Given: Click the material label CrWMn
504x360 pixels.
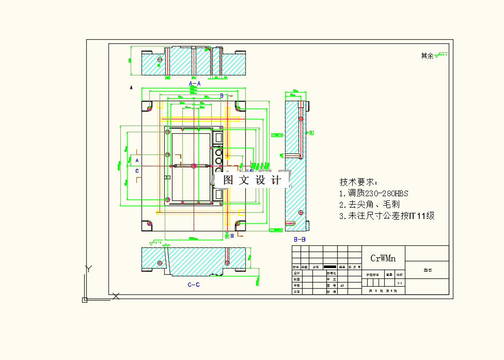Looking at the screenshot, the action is pyautogui.click(x=383, y=258).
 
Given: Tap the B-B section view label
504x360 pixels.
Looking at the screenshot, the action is pyautogui.click(x=300, y=240).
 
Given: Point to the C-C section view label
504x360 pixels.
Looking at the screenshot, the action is pyautogui.click(x=194, y=284).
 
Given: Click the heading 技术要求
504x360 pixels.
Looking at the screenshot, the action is pyautogui.click(x=358, y=182).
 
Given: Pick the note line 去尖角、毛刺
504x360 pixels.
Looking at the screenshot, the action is pyautogui.click(x=370, y=205).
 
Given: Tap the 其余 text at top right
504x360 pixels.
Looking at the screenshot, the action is pyautogui.click(x=427, y=56).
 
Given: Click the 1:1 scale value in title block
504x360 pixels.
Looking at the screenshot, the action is pyautogui.click(x=399, y=283).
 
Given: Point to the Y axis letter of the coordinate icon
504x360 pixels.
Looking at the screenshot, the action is pyautogui.click(x=88, y=268).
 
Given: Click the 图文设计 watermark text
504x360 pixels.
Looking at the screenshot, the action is pyautogui.click(x=252, y=180).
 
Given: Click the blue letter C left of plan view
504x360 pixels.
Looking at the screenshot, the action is pyautogui.click(x=137, y=170).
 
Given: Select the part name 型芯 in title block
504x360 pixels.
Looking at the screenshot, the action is pyautogui.click(x=427, y=270).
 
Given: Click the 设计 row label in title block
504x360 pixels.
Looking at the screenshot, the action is pyautogui.click(x=296, y=273).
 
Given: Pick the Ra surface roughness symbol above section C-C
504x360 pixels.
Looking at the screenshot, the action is pyautogui.click(x=155, y=242).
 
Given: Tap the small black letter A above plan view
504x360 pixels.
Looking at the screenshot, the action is pyautogui.click(x=131, y=88).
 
